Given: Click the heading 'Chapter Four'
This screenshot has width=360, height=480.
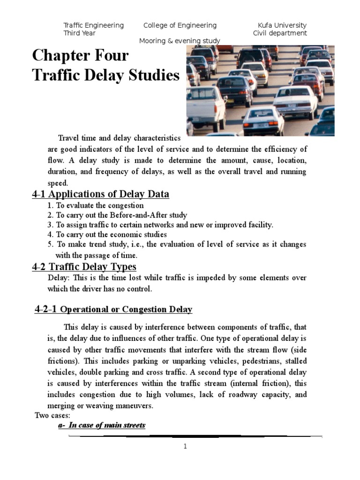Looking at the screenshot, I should pyautogui.click(x=80, y=56).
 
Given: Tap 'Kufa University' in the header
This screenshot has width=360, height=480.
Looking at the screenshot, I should pyautogui.click(x=282, y=25).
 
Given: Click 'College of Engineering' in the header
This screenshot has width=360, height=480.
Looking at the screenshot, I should pyautogui.click(x=180, y=25).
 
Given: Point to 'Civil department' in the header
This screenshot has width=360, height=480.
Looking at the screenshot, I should pyautogui.click(x=280, y=33).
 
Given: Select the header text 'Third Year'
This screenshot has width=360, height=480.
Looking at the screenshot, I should pyautogui.click(x=79, y=33).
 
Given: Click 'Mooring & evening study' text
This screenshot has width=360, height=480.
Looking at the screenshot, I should pyautogui.click(x=180, y=41).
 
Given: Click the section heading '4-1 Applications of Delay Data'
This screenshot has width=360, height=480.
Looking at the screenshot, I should pyautogui.click(x=100, y=194).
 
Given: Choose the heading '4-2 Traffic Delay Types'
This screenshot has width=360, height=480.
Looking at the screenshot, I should pyautogui.click(x=84, y=267).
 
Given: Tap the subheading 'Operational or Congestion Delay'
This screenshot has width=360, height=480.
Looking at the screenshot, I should pyautogui.click(x=127, y=310).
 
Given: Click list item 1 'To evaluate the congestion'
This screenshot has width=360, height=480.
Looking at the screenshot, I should pyautogui.click(x=96, y=205).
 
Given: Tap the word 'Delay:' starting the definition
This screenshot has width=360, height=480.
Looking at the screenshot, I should pyautogui.click(x=58, y=278).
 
